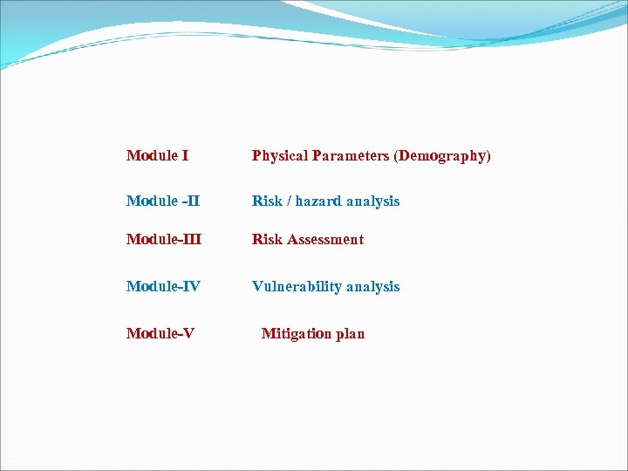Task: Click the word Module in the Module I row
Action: coord(152,156)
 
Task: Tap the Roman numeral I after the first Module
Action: coord(185,156)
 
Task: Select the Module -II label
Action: coord(162,201)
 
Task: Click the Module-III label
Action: coord(163,240)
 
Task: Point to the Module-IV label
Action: coord(164,287)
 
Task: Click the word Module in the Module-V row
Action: coord(152,334)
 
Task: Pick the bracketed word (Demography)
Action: coord(442,156)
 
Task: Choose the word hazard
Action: coord(318,201)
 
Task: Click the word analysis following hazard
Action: coord(372,201)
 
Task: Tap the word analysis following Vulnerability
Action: coord(372,287)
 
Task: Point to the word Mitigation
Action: coord(296,334)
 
